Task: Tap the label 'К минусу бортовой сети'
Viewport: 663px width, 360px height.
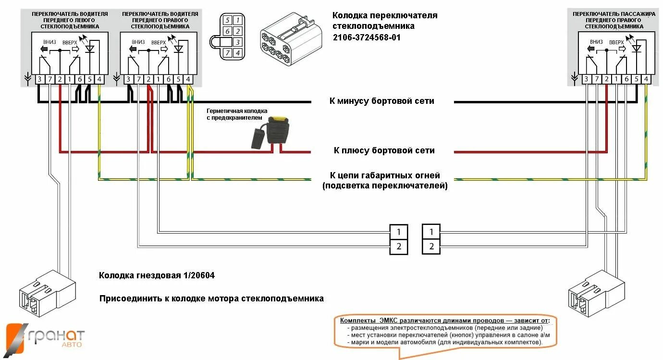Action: [x=381, y=101]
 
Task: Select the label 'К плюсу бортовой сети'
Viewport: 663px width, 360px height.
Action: [x=384, y=150]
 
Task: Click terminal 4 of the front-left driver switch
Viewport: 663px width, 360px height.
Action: [x=99, y=79]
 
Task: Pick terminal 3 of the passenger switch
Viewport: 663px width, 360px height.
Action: [x=586, y=79]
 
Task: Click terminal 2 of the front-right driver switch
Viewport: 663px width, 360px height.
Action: [x=148, y=79]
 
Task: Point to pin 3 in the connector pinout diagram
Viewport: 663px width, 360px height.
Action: [x=237, y=42]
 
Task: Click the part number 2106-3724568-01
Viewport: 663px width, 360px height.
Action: [x=366, y=37]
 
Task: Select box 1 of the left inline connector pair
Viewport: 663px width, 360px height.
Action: [x=399, y=232]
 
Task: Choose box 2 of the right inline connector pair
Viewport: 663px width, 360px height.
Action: [x=431, y=247]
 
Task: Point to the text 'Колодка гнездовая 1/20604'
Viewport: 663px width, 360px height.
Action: [x=157, y=275]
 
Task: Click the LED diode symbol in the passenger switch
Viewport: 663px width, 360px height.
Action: [x=637, y=48]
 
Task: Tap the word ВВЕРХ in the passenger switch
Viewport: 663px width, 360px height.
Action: [x=616, y=42]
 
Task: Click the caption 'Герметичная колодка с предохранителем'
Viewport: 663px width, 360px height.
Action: [x=235, y=114]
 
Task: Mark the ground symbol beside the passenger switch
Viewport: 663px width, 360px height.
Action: [x=574, y=77]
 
